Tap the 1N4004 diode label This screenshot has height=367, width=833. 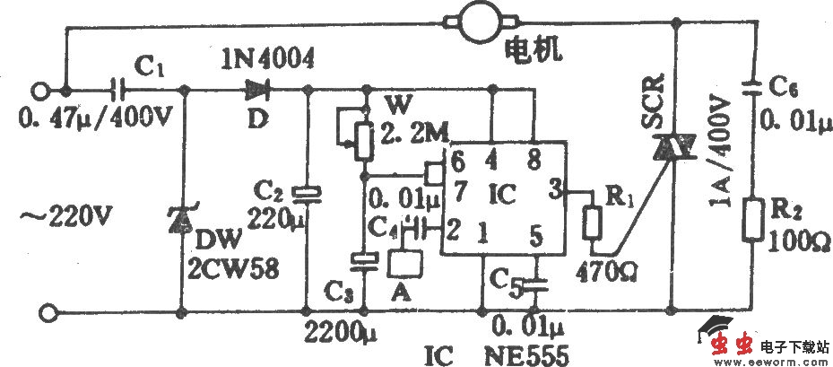[267, 60]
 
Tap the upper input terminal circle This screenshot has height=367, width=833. [39, 90]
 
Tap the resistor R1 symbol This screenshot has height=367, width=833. [592, 224]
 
